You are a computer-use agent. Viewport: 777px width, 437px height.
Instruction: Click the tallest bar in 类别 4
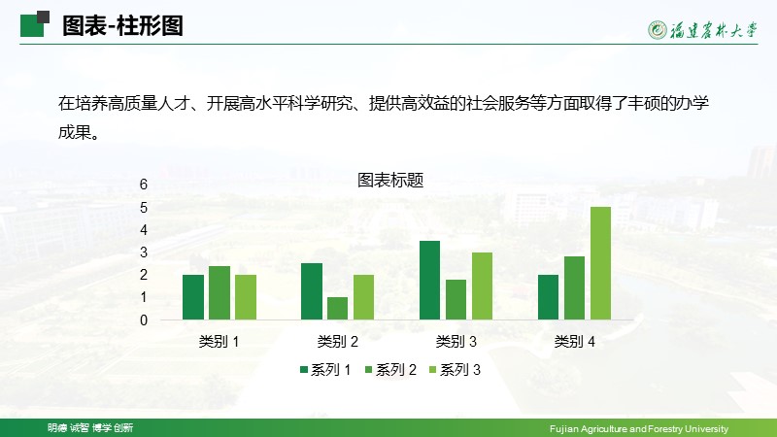click(600, 263)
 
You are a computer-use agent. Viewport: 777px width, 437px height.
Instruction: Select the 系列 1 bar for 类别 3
click(429, 280)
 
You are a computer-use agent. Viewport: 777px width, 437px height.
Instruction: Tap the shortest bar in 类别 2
click(337, 308)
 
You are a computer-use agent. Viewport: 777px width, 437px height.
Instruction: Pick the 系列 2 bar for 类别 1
click(220, 293)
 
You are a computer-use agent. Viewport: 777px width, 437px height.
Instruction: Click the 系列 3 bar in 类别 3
click(482, 286)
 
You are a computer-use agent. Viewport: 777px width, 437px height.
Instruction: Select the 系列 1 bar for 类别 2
click(312, 291)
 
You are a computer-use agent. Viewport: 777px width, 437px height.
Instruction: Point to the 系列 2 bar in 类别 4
click(574, 287)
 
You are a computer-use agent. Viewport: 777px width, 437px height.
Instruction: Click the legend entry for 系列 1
click(325, 370)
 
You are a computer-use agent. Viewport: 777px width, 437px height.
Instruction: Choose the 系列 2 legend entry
click(390, 370)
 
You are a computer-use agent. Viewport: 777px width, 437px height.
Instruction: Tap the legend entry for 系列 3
click(455, 370)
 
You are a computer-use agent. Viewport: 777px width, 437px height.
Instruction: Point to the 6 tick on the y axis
click(144, 185)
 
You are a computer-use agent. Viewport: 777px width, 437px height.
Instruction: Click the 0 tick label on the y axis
click(144, 320)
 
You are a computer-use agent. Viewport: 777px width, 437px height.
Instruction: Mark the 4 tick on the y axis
click(144, 230)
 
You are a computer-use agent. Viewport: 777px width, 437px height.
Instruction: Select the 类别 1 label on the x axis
click(220, 342)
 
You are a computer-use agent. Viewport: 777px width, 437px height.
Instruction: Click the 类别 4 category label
click(574, 342)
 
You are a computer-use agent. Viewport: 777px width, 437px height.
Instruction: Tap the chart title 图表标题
click(390, 181)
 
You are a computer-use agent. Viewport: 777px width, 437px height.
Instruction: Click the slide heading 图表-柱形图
click(123, 26)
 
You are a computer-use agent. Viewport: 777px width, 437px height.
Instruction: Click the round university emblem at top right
click(658, 30)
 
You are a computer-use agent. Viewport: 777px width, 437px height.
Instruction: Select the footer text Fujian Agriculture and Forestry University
click(639, 428)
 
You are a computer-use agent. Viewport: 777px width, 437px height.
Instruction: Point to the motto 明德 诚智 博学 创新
click(90, 427)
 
